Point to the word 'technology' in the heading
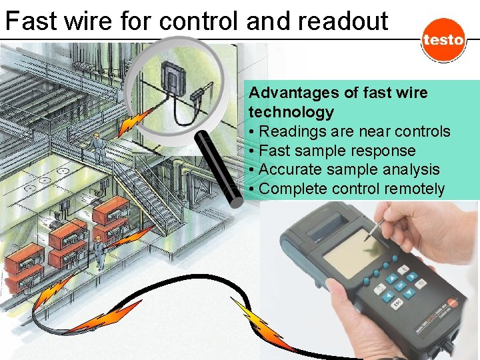[x=291, y=111]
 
